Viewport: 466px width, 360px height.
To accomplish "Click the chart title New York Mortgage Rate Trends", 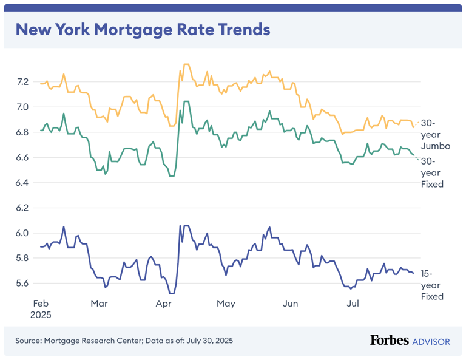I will tap(142, 29).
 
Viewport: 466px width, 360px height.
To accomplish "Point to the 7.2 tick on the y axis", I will tap(22, 81).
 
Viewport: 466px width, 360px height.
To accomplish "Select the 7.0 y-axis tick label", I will tap(22, 107).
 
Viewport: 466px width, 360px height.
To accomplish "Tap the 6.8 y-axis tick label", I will tap(22, 132).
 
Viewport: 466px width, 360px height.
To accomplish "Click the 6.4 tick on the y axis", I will tap(22, 183).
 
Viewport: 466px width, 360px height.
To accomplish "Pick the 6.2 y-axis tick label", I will tap(22, 208).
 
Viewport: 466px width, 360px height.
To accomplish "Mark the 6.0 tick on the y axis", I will tap(22, 233).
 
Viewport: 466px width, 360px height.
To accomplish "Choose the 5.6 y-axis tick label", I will tap(22, 284).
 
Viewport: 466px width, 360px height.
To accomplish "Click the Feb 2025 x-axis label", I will tap(41, 308).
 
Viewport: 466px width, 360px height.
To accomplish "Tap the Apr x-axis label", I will tap(163, 302).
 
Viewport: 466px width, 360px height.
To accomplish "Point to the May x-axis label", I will tap(226, 302).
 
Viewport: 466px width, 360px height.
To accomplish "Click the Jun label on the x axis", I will tap(291, 302).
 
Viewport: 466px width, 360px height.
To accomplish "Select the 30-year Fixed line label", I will tap(432, 172).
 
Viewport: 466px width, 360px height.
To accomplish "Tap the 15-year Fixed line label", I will tap(432, 285).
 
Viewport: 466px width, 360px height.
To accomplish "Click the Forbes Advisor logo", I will tap(410, 341).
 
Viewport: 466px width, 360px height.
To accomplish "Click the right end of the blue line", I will tap(414, 273).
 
